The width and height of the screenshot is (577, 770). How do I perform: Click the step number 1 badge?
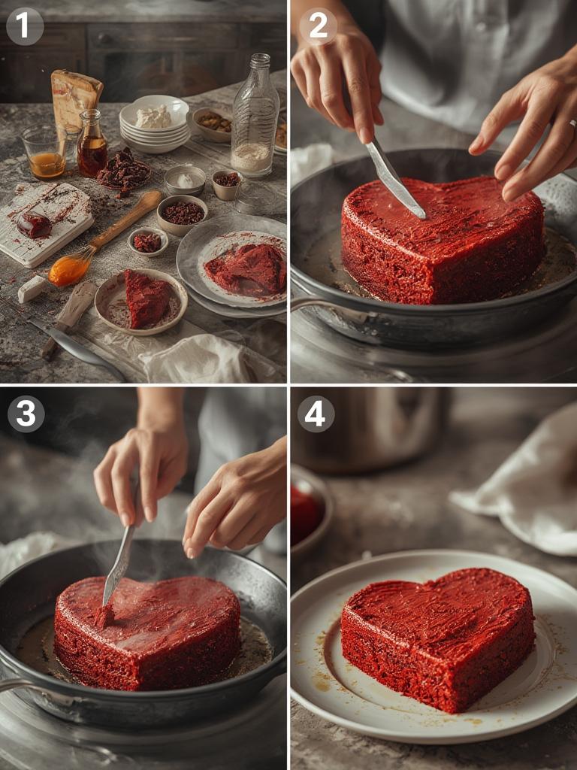[25, 26]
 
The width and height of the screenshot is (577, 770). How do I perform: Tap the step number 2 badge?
[318, 26]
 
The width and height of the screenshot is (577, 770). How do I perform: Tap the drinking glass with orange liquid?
[44, 153]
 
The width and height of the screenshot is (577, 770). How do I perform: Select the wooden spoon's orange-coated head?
[70, 269]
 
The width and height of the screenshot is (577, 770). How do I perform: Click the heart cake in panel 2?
[443, 241]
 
